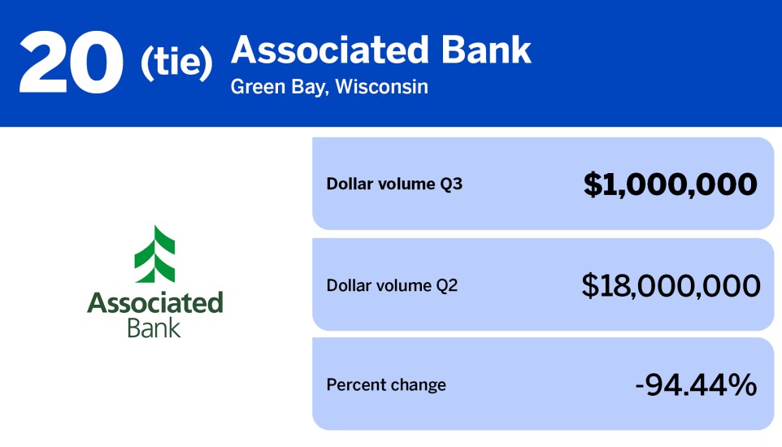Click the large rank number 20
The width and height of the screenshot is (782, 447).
[x=72, y=63]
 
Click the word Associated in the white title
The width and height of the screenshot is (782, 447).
[x=330, y=50]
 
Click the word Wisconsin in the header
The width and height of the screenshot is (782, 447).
[x=382, y=86]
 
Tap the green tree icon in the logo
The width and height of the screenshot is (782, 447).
[x=155, y=254]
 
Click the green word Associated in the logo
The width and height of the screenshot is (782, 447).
[x=155, y=304]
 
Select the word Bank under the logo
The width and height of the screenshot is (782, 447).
[x=154, y=328]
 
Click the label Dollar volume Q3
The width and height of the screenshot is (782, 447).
[x=394, y=184]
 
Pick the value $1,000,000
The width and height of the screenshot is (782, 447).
[x=671, y=184]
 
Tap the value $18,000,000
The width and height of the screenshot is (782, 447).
[x=671, y=285]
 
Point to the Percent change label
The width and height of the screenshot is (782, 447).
[x=386, y=384]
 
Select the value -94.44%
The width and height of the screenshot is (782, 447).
[x=695, y=384]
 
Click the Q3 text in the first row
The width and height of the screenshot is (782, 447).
[x=451, y=184]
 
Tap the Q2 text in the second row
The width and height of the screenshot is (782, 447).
[x=446, y=285]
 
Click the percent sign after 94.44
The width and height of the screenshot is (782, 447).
[x=742, y=384]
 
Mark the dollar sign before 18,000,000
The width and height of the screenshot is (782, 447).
[x=590, y=285]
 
